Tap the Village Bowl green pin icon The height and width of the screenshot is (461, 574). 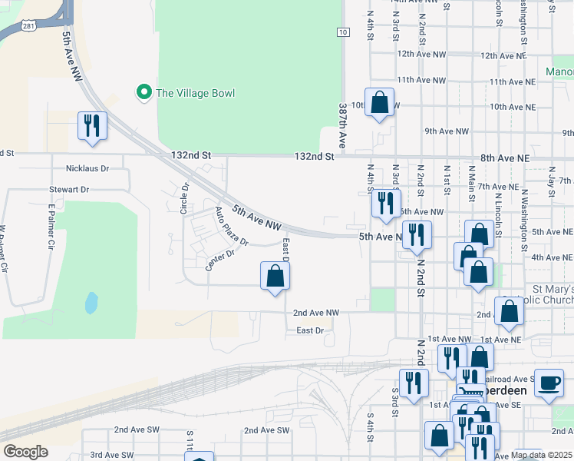click(x=143, y=93)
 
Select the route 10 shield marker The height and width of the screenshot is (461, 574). click(x=343, y=32)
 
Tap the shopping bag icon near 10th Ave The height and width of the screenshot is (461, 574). click(x=379, y=102)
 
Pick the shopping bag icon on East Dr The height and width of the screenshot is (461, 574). click(x=275, y=277)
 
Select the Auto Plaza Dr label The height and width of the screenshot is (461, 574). click(x=232, y=227)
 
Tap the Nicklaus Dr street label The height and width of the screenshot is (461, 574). click(x=87, y=167)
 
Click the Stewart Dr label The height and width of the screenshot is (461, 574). click(x=69, y=189)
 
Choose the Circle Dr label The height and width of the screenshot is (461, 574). click(x=184, y=197)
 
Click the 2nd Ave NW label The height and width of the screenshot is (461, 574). click(x=316, y=313)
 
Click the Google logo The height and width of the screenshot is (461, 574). click(x=25, y=451)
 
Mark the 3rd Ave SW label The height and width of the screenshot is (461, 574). click(x=112, y=455)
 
